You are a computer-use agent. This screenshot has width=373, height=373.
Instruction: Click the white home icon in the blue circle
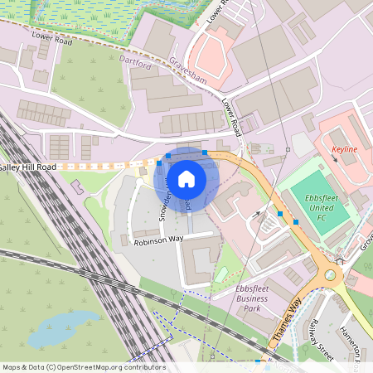(x=186, y=178)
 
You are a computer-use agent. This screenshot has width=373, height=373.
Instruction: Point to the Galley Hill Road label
(x=28, y=167)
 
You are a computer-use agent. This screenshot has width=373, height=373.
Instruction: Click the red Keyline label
(x=344, y=149)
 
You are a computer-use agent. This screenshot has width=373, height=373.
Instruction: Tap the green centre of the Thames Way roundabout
(x=330, y=274)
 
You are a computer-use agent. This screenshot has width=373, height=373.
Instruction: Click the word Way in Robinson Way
(x=175, y=237)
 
